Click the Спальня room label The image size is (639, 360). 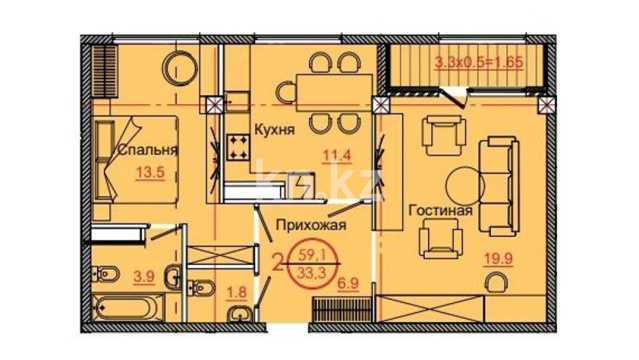[x=148, y=150]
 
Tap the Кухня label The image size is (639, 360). [x=274, y=130]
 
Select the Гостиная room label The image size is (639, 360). [x=441, y=210]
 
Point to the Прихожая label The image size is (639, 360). [x=311, y=225]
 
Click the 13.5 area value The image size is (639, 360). [x=150, y=172]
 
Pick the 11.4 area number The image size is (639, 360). [x=337, y=156]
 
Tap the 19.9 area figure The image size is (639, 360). [x=498, y=258]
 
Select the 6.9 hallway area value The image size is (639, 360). [x=348, y=283]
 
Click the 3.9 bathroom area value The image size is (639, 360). [x=144, y=277]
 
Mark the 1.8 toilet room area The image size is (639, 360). [x=237, y=292]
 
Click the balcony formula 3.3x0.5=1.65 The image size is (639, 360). [x=479, y=63]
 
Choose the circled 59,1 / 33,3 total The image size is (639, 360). [x=312, y=264]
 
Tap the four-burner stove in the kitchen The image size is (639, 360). [x=238, y=148]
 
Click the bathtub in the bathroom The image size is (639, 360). [x=128, y=307]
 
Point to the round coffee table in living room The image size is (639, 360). [x=465, y=186]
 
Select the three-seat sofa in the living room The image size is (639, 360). [x=498, y=186]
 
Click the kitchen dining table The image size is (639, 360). [x=334, y=93]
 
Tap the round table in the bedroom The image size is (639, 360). [x=180, y=68]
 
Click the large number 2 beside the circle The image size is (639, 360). [x=278, y=262]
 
